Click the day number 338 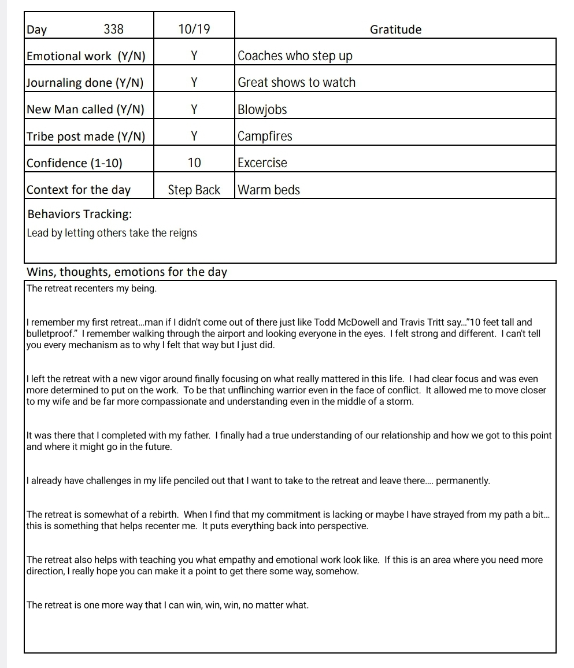click(x=113, y=29)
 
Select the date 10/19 click(x=194, y=29)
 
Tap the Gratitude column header click(x=395, y=29)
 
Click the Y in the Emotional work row click(x=194, y=56)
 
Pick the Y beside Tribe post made click(x=194, y=136)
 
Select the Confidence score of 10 click(x=194, y=163)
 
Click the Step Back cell click(x=194, y=190)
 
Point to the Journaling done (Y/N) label click(x=85, y=83)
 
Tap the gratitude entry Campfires click(x=265, y=136)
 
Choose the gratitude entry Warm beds click(x=269, y=190)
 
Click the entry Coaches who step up click(x=295, y=56)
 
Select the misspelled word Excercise click(x=262, y=163)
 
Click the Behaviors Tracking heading click(x=79, y=214)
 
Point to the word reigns click(x=183, y=233)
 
